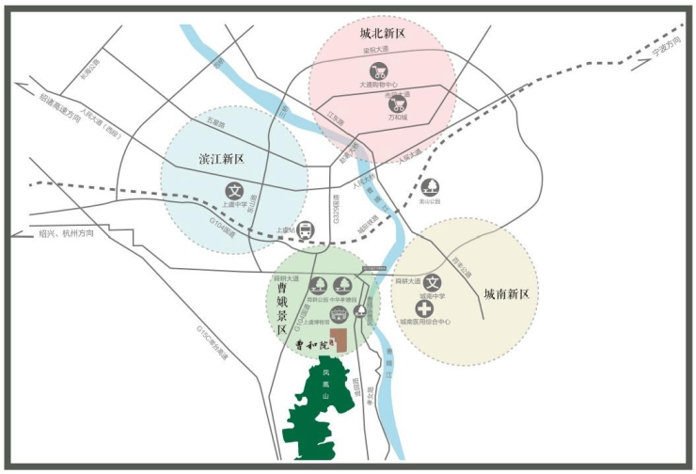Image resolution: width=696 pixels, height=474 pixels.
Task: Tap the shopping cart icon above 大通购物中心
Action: tap(378, 70)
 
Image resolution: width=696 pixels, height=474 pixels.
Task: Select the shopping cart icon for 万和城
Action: tap(400, 103)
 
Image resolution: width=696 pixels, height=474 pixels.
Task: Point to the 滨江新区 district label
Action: tap(221, 158)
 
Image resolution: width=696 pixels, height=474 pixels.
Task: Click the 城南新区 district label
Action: tap(507, 293)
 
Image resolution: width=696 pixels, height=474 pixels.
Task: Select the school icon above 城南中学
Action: tap(432, 281)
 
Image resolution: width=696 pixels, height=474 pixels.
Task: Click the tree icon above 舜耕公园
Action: tap(318, 284)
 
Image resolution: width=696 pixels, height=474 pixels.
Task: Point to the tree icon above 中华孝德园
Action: tap(343, 284)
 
